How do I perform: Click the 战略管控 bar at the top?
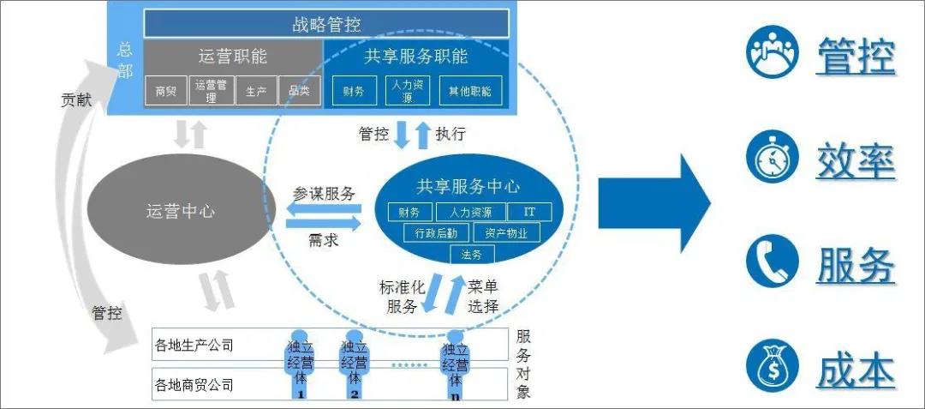click(325, 23)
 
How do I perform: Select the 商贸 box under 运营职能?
click(165, 91)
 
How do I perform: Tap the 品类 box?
click(299, 91)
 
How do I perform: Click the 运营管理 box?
click(212, 91)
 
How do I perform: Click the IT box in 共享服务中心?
click(529, 212)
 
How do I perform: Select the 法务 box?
click(471, 254)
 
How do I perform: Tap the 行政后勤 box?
click(436, 233)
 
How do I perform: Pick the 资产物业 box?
click(506, 233)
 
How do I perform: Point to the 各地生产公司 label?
click(194, 346)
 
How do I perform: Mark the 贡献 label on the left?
click(76, 100)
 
